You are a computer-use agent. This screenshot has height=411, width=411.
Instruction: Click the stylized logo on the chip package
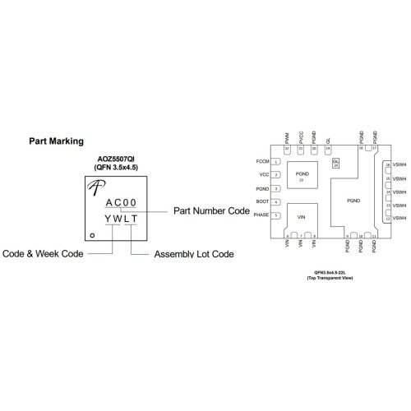(93, 192)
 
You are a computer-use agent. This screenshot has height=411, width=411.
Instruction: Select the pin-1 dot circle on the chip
(92, 236)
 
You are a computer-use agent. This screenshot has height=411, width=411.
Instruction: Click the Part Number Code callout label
(211, 210)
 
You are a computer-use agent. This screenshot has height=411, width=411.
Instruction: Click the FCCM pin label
(263, 163)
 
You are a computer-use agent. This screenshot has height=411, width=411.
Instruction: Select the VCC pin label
(265, 175)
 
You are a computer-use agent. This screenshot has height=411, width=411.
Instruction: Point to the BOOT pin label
(263, 201)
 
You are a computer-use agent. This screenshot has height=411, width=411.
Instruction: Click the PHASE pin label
(262, 215)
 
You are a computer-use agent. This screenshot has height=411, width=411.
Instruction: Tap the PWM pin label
(287, 138)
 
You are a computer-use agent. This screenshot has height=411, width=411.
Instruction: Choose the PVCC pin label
(301, 138)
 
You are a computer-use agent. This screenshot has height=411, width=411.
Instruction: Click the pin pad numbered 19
(328, 148)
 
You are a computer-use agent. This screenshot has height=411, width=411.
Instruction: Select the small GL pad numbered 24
(335, 164)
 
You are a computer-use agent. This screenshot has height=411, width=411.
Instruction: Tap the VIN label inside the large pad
(301, 217)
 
